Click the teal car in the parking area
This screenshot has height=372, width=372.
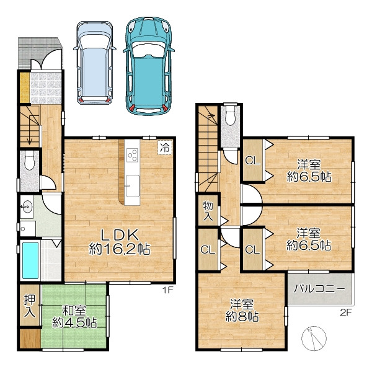coord(149,66)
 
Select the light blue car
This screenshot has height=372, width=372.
coord(95,63)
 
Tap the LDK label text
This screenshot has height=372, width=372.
coord(120,234)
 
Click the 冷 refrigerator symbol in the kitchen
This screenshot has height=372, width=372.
coord(165,148)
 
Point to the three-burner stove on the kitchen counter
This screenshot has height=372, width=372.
coord(132,155)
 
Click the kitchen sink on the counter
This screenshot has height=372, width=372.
coord(133,186)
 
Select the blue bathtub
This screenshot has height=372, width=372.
coord(30,260)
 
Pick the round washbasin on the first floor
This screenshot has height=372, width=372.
coord(27,206)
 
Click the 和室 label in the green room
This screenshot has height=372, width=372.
coord(74,311)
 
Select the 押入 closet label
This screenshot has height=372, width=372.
coord(30,306)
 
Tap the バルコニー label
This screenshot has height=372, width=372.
coord(319,289)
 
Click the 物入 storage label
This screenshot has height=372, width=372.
coord(208,211)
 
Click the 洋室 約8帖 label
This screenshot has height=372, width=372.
coord(242,311)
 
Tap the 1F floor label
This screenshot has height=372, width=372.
coord(167,290)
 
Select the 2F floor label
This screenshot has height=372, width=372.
coord(345,312)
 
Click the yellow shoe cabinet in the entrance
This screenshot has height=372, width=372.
coord(24,87)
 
